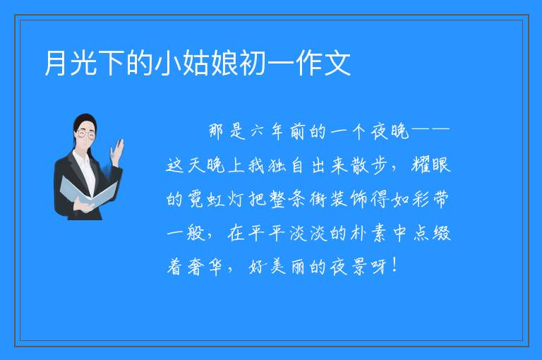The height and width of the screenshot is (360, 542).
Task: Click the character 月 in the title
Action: pyautogui.click(x=56, y=63)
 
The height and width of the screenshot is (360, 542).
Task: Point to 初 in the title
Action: pyautogui.click(x=253, y=63)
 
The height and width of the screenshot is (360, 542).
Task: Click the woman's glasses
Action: pyautogui.click(x=85, y=134)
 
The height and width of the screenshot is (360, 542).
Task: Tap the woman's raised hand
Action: pyautogui.click(x=118, y=152)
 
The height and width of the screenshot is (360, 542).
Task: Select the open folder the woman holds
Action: pyautogui.click(x=88, y=193)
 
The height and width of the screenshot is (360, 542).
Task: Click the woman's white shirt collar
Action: pyautogui.click(x=83, y=160)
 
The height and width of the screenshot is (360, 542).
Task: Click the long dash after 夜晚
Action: pyautogui.click(x=430, y=130)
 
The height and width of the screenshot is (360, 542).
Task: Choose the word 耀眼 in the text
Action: pyautogui.click(x=431, y=164)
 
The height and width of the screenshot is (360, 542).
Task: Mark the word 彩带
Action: pyautogui.click(x=430, y=199)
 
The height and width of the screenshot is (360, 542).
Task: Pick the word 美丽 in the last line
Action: pyautogui.click(x=288, y=268)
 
